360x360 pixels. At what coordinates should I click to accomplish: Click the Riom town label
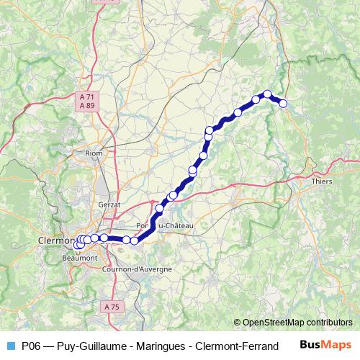94,153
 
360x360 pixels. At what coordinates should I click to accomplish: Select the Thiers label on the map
322,181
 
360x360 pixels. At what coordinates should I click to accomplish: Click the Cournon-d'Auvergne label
138,269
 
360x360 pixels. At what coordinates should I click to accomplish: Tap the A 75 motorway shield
112,307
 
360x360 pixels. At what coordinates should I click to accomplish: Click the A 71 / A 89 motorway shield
87,101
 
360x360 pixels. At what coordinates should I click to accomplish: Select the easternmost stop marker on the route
283,104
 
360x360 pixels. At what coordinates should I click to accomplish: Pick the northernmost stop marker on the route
267,94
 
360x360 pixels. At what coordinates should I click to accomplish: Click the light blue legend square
9,345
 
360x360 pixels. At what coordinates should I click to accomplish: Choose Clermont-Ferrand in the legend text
232,345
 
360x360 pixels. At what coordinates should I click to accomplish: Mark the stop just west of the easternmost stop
267,94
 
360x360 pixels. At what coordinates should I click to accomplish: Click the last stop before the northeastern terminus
267,94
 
